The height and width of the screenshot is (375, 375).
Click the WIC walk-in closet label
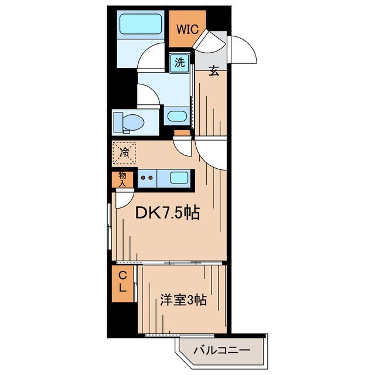pos(188,28)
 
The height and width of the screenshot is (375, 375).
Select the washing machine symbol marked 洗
pos(179,63)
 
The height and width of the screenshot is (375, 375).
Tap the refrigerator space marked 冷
pos(124,153)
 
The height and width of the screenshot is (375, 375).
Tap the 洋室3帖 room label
pos(183,301)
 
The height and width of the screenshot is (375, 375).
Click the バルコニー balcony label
pos(222,352)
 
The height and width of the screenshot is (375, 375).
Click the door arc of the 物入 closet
pos(123,199)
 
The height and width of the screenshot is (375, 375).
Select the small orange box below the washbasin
pos(183,133)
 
